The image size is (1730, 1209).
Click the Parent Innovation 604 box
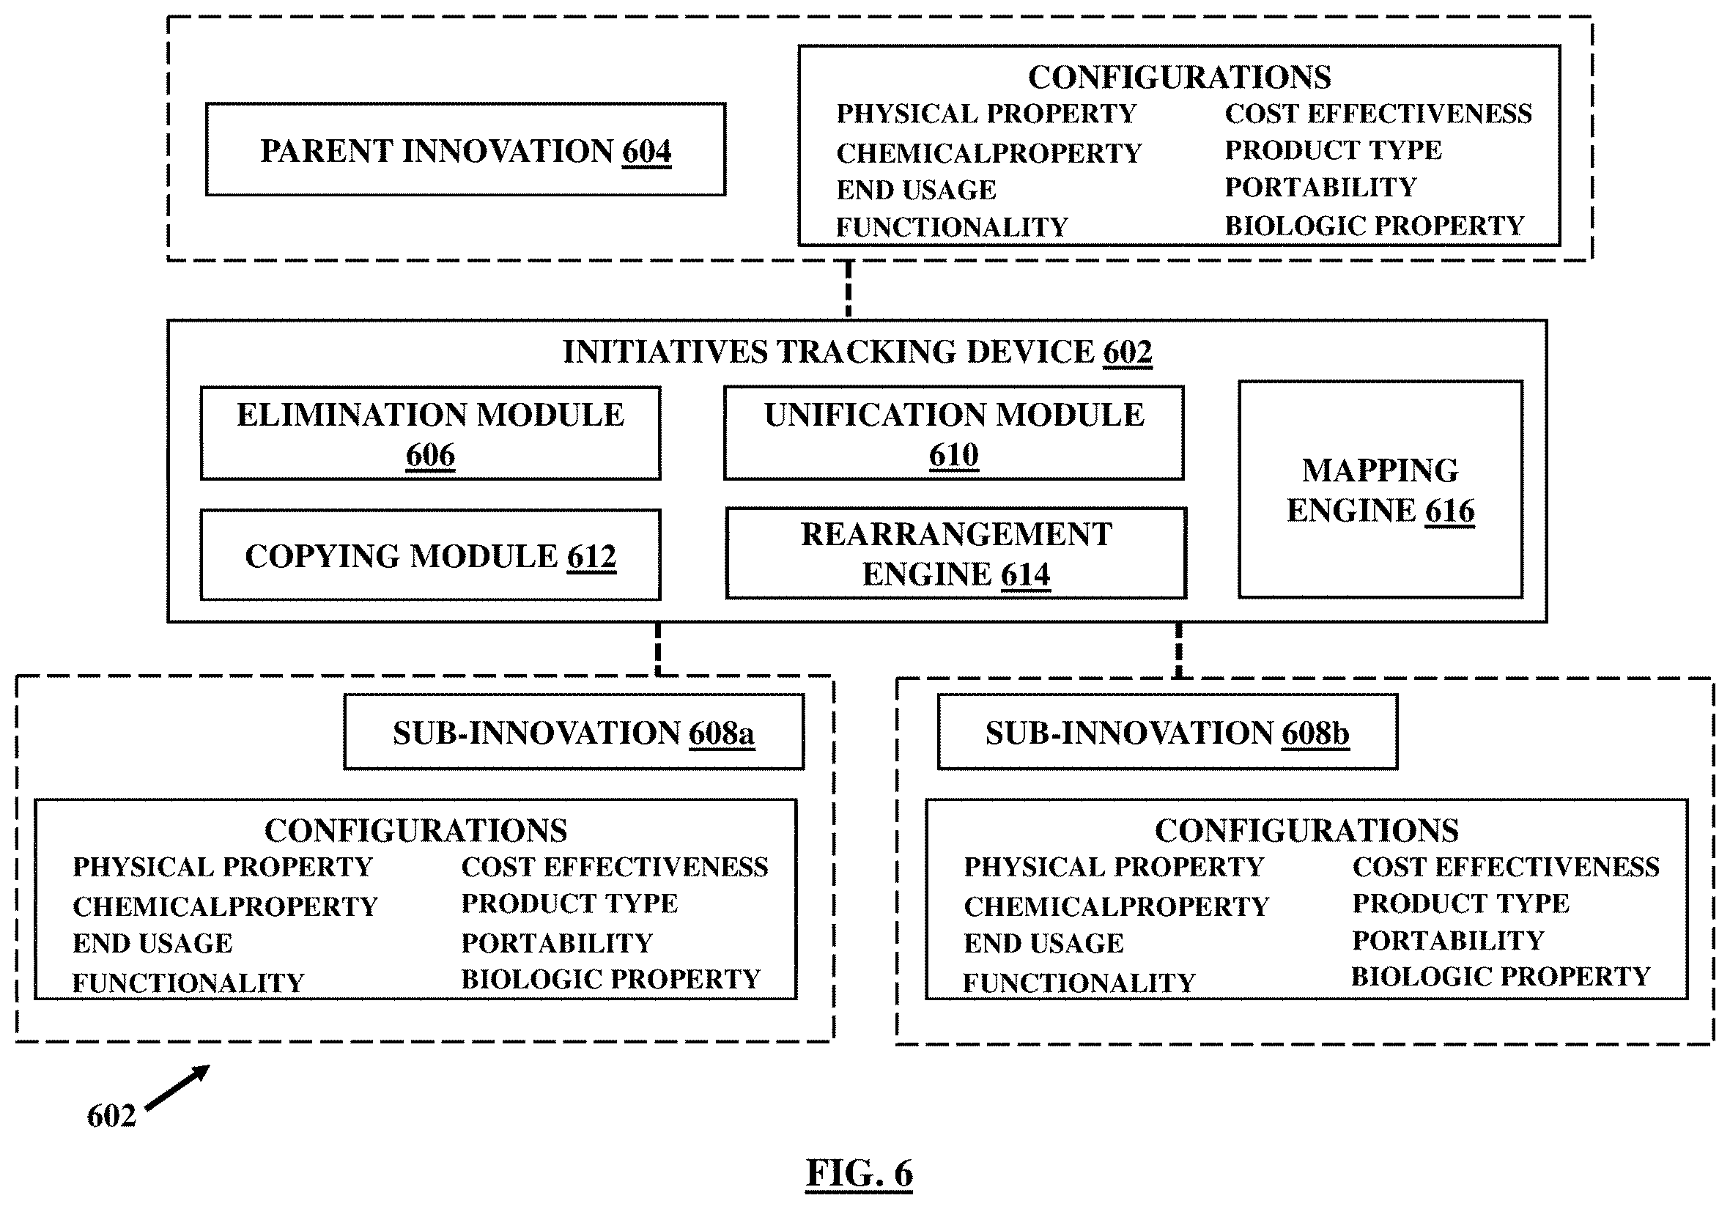tap(465, 149)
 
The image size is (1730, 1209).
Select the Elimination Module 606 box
tap(430, 433)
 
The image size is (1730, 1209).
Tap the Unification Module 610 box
tap(953, 433)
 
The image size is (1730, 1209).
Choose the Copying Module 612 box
tap(430, 555)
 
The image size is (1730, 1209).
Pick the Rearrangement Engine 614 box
tap(956, 553)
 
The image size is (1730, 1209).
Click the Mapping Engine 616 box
tap(1380, 489)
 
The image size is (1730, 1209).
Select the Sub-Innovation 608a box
tap(574, 731)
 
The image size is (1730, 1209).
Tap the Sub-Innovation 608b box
tap(1167, 731)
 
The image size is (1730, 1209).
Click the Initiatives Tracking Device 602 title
tap(857, 352)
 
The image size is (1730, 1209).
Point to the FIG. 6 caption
tap(859, 1173)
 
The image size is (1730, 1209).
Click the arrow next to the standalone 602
tap(177, 1087)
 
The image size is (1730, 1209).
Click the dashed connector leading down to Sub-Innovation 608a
tap(658, 649)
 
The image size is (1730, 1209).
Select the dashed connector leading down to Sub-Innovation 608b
tap(1178, 650)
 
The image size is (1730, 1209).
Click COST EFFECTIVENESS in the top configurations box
tap(1378, 114)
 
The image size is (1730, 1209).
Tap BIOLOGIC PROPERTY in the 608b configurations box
tap(1500, 976)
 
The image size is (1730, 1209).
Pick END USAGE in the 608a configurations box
tap(152, 943)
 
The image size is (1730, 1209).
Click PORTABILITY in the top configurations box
tap(1320, 187)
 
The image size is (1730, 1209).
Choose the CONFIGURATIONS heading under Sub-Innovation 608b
tap(1306, 830)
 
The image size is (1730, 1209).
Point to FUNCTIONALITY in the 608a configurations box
tap(188, 983)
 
